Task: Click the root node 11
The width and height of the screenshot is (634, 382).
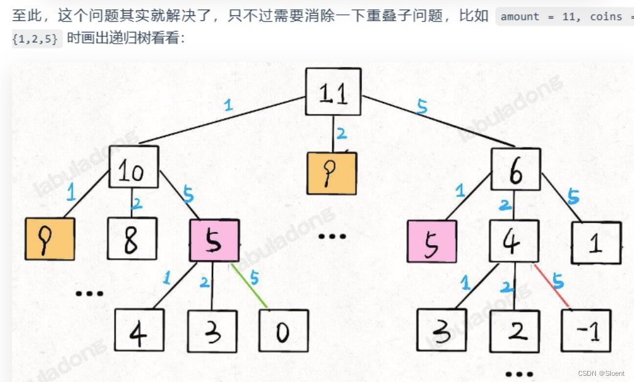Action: click(x=333, y=91)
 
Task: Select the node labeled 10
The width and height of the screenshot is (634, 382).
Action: click(x=133, y=166)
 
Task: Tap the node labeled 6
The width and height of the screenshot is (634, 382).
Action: click(x=515, y=170)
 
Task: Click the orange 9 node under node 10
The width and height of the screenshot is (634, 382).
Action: click(x=50, y=239)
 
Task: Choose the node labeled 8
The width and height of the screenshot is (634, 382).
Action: click(x=131, y=239)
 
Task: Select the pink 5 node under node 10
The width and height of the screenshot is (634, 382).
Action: click(x=214, y=241)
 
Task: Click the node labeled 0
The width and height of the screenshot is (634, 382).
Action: click(x=283, y=332)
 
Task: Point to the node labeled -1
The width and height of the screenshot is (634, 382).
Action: click(x=586, y=332)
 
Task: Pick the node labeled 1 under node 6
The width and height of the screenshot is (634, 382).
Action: click(x=595, y=243)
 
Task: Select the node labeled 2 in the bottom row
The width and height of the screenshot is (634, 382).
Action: click(x=514, y=332)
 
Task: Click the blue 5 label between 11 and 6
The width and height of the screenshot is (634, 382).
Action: click(x=421, y=107)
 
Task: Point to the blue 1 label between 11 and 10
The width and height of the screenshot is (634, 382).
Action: click(x=228, y=105)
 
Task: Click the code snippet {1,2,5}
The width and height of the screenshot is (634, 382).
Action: click(x=36, y=39)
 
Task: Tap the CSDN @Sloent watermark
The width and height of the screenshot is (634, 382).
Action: click(x=601, y=373)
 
